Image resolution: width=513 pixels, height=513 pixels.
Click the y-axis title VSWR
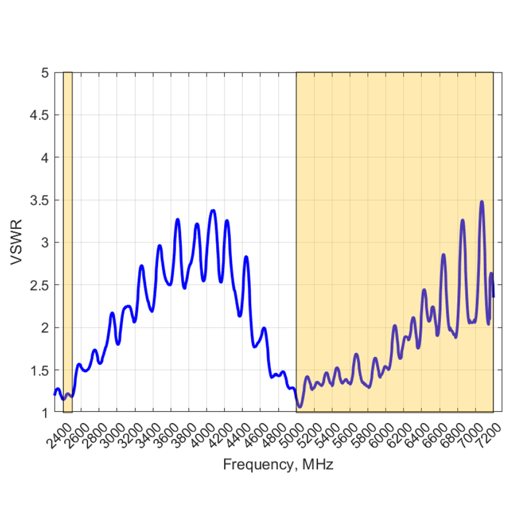[17, 243]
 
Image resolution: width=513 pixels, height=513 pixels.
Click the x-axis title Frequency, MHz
[278, 464]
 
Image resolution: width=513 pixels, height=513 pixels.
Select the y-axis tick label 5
[45, 73]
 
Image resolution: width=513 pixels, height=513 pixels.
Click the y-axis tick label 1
[45, 413]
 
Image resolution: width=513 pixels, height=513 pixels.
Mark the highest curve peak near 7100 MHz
[482, 202]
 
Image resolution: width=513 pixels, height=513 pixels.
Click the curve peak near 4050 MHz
[213, 210]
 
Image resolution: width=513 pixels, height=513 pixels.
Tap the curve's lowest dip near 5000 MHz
[299, 407]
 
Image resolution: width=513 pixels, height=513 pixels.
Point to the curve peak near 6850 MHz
[463, 220]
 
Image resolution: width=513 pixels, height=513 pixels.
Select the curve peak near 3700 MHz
[178, 219]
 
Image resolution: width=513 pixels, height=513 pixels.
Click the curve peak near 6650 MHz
[444, 255]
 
